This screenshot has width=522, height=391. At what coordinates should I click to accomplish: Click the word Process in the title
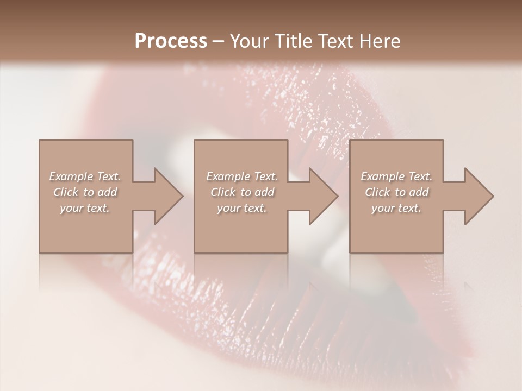(x=171, y=41)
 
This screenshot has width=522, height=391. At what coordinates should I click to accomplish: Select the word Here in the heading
(x=380, y=41)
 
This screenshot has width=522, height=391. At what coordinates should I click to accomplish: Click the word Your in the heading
(x=250, y=41)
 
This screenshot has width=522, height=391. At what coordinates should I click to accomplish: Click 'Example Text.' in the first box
(x=85, y=176)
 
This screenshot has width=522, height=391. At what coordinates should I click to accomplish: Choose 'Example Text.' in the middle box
(x=242, y=176)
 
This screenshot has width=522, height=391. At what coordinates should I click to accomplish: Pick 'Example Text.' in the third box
(x=396, y=176)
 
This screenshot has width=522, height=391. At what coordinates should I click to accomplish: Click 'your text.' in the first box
(x=85, y=208)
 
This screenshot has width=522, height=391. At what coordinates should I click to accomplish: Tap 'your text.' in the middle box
(x=242, y=208)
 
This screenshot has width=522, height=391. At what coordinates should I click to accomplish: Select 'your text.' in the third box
(x=396, y=208)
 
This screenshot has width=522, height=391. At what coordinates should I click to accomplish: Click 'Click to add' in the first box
(x=85, y=192)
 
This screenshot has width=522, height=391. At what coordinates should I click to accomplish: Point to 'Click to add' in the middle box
(x=242, y=192)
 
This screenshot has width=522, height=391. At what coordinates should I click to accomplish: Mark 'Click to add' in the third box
(x=396, y=192)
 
